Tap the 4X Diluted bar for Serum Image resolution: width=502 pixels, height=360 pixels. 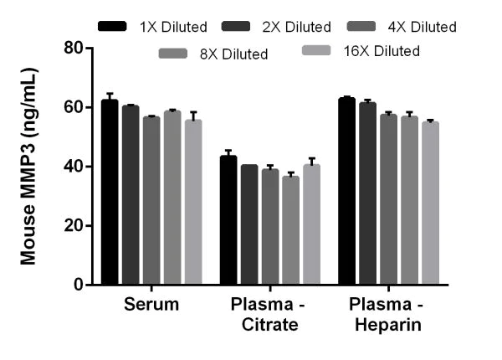(151, 201)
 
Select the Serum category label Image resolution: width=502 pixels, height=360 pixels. (151, 304)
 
